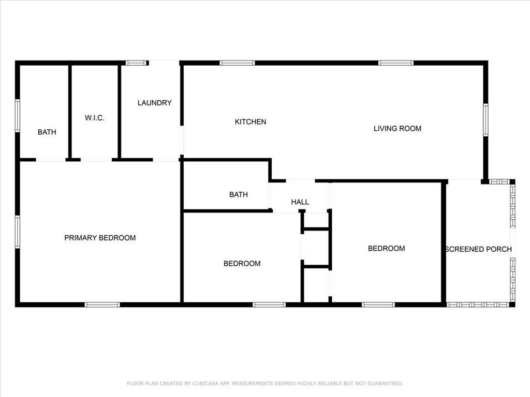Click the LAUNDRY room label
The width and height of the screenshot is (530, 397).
(x=154, y=103)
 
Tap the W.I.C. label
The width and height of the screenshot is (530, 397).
(x=95, y=118)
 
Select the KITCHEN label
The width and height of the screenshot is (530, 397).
(x=251, y=121)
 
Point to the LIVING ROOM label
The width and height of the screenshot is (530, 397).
(x=397, y=128)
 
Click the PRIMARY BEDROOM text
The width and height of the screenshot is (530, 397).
(x=100, y=238)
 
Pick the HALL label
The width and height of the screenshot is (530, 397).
(x=300, y=202)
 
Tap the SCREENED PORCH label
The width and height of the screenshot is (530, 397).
(x=479, y=249)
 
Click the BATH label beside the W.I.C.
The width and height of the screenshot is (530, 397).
(x=47, y=132)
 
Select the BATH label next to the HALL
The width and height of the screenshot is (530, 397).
(x=239, y=194)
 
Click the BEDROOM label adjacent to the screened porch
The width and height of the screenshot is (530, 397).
(x=386, y=249)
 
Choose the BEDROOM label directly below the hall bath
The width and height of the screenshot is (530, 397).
(x=242, y=263)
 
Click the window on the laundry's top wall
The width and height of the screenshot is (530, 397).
(x=136, y=63)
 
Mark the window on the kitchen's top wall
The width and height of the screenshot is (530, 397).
(x=237, y=63)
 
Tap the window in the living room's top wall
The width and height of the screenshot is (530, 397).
(x=396, y=63)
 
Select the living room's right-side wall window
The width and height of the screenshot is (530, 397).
(x=485, y=120)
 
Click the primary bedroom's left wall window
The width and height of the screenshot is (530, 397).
(x=18, y=232)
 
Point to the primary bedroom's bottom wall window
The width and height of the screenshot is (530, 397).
(x=102, y=305)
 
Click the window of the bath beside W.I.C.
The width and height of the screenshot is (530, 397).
(x=18, y=115)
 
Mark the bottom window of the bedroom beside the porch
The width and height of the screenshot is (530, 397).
(x=378, y=305)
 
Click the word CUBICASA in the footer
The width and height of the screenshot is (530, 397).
(x=205, y=384)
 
